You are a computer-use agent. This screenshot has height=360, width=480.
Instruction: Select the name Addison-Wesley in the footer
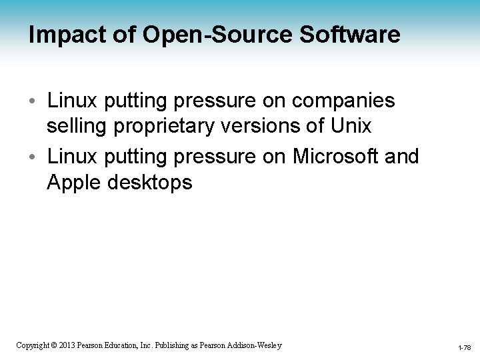(255, 345)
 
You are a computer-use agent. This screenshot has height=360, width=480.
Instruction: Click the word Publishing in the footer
(175, 345)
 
